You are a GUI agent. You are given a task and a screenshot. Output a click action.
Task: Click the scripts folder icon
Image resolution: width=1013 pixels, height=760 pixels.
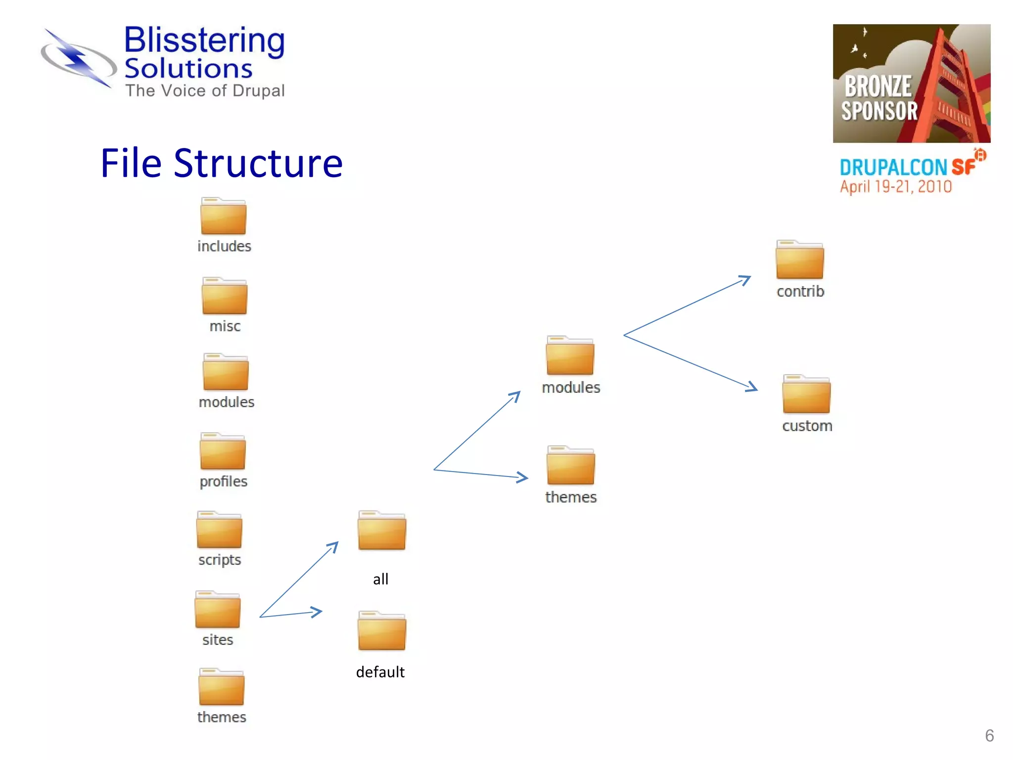(x=219, y=530)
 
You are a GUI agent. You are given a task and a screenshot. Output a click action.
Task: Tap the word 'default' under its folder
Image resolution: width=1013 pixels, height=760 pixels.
(x=380, y=672)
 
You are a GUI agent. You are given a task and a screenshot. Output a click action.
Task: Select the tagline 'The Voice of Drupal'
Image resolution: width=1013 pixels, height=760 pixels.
(x=205, y=91)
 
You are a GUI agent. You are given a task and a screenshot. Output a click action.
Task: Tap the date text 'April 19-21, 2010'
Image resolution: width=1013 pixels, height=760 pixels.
(x=895, y=187)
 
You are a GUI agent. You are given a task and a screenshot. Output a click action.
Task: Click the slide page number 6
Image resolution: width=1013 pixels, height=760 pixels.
(x=989, y=735)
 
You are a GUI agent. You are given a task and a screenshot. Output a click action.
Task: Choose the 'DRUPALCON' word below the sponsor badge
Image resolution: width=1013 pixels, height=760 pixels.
(x=893, y=168)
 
